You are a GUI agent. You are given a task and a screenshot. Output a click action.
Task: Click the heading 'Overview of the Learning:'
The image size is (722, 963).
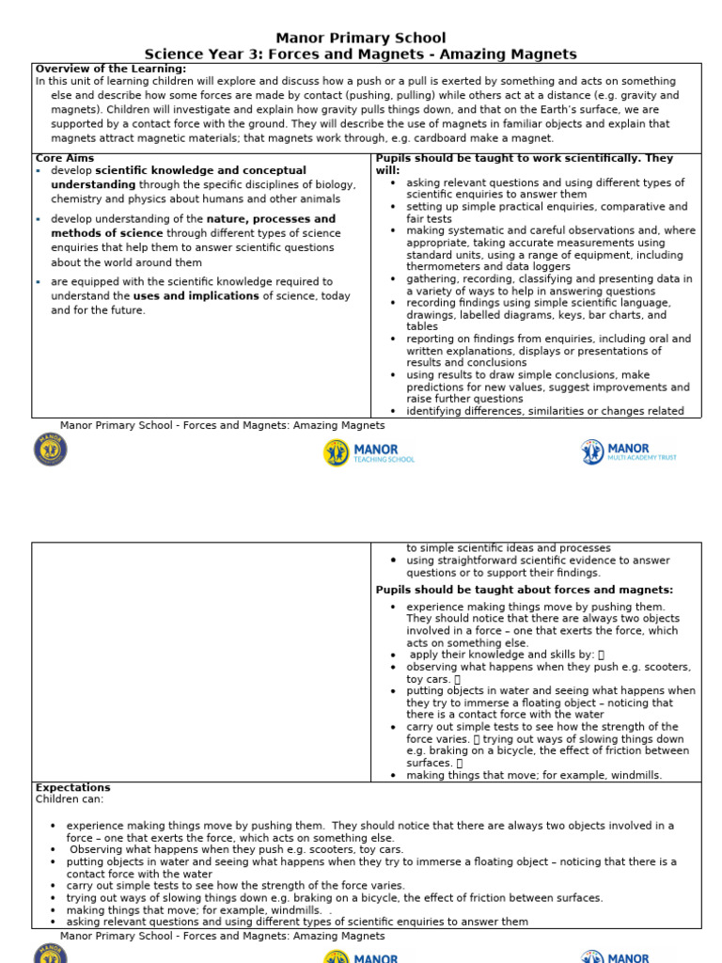point(111,69)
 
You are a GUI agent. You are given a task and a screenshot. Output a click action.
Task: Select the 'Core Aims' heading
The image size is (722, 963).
point(64,159)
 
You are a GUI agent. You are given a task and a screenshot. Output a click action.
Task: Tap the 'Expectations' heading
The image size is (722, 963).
point(72,787)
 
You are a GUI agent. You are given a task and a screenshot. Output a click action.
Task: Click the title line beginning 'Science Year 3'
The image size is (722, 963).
point(361,55)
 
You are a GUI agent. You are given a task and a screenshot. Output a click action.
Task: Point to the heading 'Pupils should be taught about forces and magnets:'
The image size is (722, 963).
point(524,590)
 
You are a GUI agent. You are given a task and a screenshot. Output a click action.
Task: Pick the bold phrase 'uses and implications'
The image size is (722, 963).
point(196,296)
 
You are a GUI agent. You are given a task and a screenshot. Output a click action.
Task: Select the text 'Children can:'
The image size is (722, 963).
point(70,799)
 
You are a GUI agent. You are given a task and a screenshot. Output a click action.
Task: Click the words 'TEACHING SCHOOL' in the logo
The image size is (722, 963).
point(384,460)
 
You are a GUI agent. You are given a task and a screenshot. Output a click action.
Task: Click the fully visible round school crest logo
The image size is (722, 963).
point(51,450)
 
